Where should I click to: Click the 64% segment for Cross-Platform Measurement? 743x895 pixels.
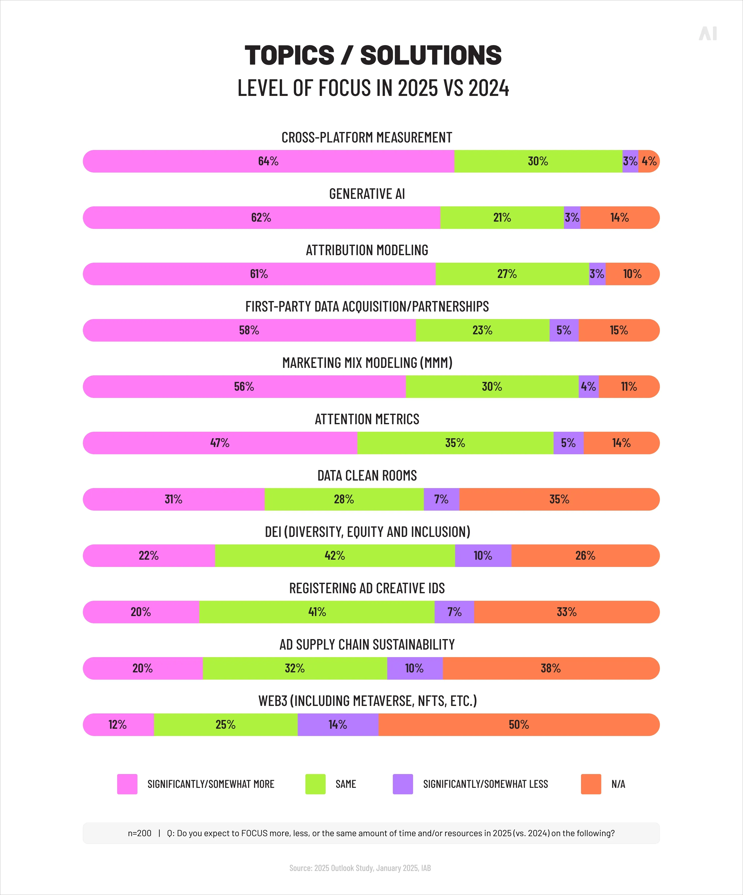pyautogui.click(x=268, y=161)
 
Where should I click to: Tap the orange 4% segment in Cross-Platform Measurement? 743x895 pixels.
pyautogui.click(x=649, y=161)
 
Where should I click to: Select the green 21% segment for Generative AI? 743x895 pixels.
pyautogui.click(x=502, y=217)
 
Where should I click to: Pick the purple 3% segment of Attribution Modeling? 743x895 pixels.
pyautogui.click(x=597, y=274)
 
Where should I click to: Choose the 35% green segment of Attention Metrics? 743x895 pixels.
pyautogui.click(x=455, y=443)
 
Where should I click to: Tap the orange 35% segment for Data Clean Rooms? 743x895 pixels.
pyautogui.click(x=559, y=499)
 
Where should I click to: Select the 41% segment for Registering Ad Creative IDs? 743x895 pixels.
pyautogui.click(x=317, y=612)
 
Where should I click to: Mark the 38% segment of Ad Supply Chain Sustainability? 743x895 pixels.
pyautogui.click(x=550, y=668)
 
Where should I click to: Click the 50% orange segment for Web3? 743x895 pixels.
pyautogui.click(x=518, y=724)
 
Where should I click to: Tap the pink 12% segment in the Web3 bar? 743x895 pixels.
pyautogui.click(x=118, y=724)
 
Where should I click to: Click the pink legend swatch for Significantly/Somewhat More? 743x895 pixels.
pyautogui.click(x=127, y=784)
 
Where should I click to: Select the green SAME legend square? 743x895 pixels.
pyautogui.click(x=315, y=784)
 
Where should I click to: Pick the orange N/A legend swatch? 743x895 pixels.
pyautogui.click(x=591, y=784)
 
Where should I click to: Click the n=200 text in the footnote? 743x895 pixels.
pyautogui.click(x=140, y=833)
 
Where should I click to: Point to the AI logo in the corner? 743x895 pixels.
pyautogui.click(x=708, y=34)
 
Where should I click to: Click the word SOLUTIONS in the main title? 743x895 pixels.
pyautogui.click(x=431, y=55)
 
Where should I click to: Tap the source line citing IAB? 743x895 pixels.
pyautogui.click(x=360, y=868)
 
